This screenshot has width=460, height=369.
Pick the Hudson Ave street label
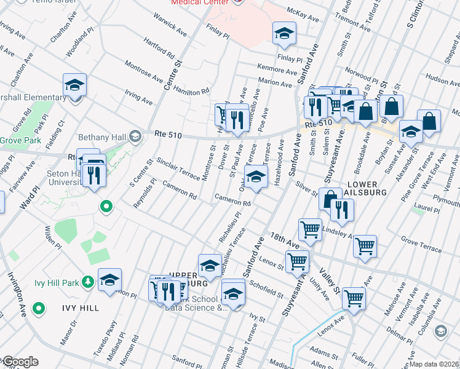tap(442, 81)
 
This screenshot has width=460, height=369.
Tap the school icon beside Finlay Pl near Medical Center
tap(284, 33)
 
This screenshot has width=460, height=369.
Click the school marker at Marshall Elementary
tap(74, 85)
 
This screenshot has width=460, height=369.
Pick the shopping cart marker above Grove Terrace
tap(365, 246)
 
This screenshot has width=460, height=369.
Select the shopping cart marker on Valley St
tap(354, 298)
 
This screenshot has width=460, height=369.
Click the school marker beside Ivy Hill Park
tap(110, 280)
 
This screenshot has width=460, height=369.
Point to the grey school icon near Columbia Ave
tap(440, 331)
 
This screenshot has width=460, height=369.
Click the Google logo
tap(20, 362)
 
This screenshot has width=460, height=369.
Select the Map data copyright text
tap(434, 364)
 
